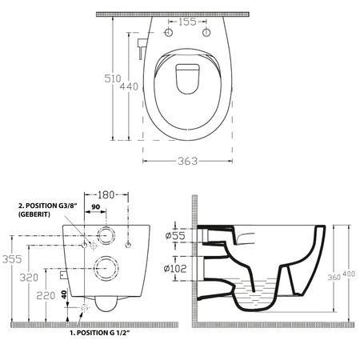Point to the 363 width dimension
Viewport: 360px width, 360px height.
pyautogui.click(x=188, y=161)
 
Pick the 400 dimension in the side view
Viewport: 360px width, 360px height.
pyautogui.click(x=349, y=274)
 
